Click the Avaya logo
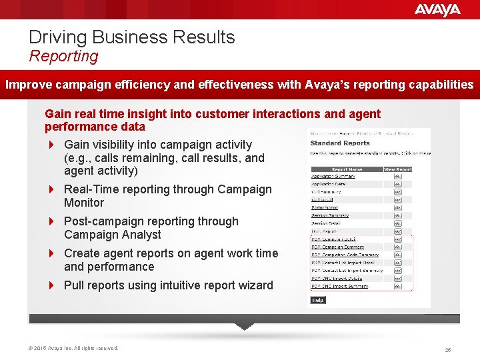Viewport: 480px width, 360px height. tap(437, 9)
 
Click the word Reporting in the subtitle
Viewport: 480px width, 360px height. tap(63, 56)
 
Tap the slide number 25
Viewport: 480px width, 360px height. tap(448, 349)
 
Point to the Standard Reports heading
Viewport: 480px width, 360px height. tap(340, 143)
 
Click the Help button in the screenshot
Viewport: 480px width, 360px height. tap(318, 300)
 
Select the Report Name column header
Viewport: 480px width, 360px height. tap(346, 169)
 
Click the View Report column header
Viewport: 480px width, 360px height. tap(397, 169)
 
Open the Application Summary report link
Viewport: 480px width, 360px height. tap(333, 177)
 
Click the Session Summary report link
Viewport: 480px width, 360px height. tap(330, 215)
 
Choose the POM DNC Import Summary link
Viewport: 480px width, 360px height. tap(339, 286)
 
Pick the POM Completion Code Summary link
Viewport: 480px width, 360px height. tap(346, 255)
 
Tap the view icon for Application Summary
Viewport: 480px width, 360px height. tap(398, 177)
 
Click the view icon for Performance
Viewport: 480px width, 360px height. tap(398, 207)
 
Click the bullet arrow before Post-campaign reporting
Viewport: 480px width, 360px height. tap(51, 221)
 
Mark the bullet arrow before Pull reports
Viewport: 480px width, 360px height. tap(51, 285)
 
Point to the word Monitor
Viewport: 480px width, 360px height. tap(84, 203)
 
